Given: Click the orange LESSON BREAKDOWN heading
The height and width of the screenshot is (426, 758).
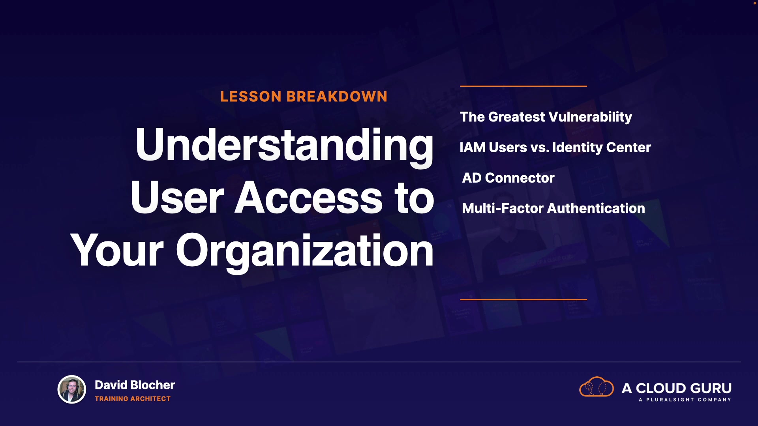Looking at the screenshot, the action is click(304, 97).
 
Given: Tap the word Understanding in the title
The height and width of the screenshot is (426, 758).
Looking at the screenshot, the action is click(284, 146).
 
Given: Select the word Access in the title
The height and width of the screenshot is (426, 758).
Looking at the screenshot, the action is click(309, 198).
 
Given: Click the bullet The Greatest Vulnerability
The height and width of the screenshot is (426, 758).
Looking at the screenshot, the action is click(546, 117).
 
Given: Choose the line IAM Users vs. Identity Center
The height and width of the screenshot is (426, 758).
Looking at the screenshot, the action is click(555, 148).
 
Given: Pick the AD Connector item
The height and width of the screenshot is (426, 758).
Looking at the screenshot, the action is click(508, 178).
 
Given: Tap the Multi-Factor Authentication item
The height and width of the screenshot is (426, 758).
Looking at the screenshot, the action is click(553, 208).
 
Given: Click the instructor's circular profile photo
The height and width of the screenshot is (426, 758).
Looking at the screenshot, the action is click(71, 389).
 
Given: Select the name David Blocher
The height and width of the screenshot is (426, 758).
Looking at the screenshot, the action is click(135, 385).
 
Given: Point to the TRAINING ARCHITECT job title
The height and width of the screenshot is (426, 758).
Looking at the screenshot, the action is click(133, 399).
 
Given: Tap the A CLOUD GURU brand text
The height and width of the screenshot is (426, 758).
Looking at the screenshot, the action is click(677, 389).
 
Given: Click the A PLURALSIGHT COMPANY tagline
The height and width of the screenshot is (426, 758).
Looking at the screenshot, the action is click(685, 400).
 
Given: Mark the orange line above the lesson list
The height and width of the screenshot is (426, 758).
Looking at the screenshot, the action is click(523, 86).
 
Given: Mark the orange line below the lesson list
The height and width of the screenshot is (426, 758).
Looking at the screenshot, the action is click(523, 299).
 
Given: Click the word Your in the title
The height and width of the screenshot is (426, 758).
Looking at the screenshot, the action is click(117, 250).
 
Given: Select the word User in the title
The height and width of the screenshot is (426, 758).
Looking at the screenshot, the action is click(177, 198).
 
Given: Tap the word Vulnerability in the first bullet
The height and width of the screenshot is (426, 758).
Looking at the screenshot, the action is click(590, 117).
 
